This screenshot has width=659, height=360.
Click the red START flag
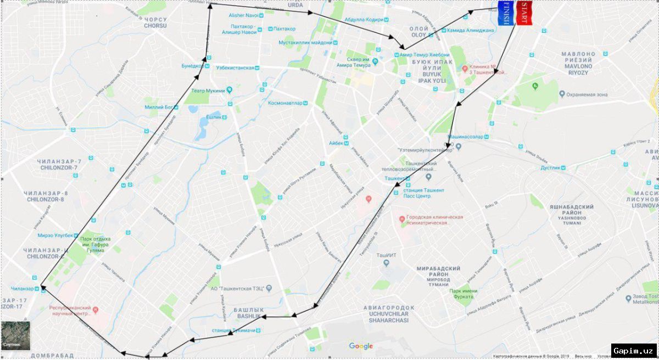(524, 14)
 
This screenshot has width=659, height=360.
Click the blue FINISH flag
(506, 14)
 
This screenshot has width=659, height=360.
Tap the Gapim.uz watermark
(634, 350)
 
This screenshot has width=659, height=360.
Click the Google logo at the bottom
(361, 346)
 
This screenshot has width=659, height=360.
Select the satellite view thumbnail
(15, 335)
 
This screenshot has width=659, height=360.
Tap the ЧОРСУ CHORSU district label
(155, 22)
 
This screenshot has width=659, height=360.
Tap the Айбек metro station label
(336, 143)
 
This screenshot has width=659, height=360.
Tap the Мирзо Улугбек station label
(55, 235)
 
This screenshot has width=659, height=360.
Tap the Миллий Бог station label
(159, 107)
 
